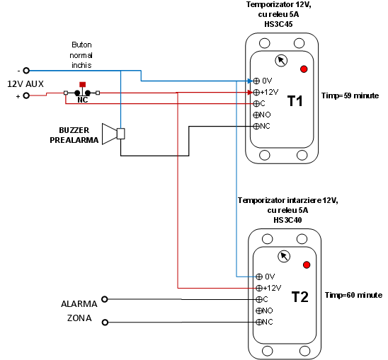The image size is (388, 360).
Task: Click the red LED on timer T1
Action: pyautogui.click(x=304, y=69)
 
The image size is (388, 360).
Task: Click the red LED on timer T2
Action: pyautogui.click(x=307, y=265)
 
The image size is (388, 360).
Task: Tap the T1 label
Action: pyautogui.click(x=295, y=101)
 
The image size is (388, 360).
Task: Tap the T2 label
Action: pyautogui.click(x=300, y=297)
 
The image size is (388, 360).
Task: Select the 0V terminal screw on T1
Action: pyautogui.click(x=256, y=81)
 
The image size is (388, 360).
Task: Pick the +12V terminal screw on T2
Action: pyautogui.click(x=259, y=288)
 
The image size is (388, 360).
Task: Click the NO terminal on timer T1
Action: pyautogui.click(x=256, y=115)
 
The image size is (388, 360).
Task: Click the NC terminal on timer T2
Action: pyautogui.click(x=259, y=322)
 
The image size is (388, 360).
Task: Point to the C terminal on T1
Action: pyautogui.click(x=256, y=103)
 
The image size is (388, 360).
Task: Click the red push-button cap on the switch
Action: pyautogui.click(x=83, y=85)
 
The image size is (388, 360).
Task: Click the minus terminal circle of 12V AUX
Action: pyautogui.click(x=26, y=71)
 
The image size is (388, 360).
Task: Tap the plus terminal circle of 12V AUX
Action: pyautogui.click(x=26, y=95)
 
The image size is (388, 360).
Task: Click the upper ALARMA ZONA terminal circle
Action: pyautogui.click(x=105, y=299)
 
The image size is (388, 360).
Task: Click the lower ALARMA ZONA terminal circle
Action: pyautogui.click(x=105, y=323)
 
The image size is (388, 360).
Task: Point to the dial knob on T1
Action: pyautogui.click(x=281, y=61)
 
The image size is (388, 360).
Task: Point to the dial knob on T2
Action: pyautogui.click(x=284, y=257)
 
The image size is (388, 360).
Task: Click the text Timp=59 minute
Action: pyautogui.click(x=350, y=95)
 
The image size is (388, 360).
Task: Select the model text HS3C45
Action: pyautogui.click(x=278, y=24)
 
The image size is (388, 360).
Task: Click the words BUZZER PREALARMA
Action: pyautogui.click(x=74, y=135)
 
